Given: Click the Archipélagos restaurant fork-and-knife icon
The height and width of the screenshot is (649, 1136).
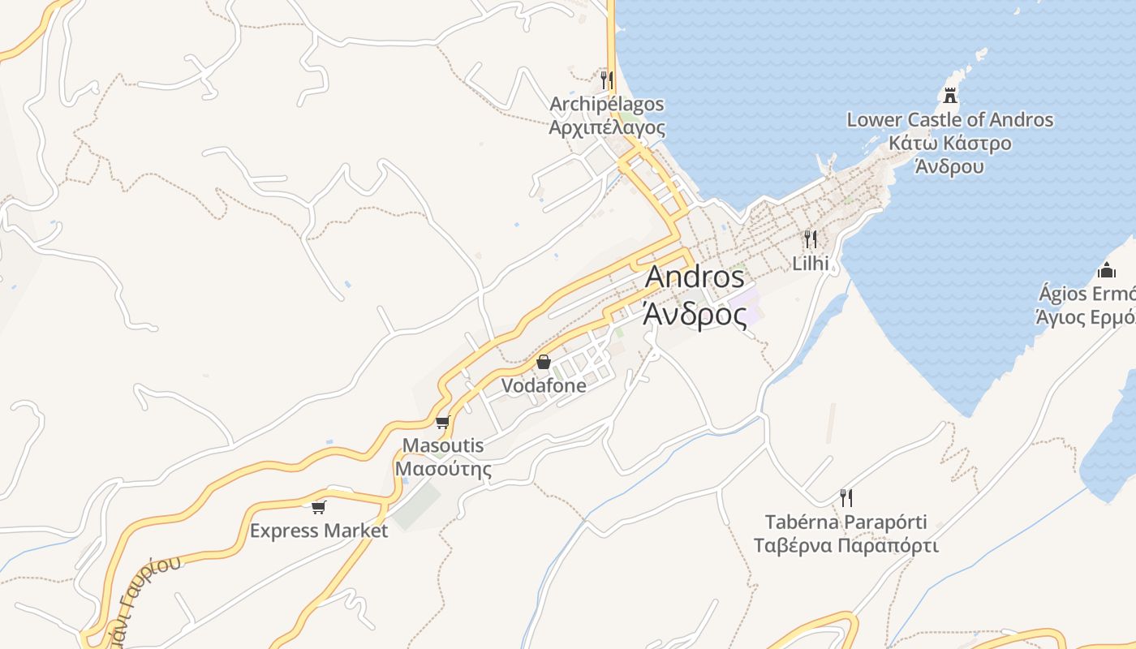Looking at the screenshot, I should point(605,80).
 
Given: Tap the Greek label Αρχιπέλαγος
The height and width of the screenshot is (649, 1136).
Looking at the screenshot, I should point(607,128).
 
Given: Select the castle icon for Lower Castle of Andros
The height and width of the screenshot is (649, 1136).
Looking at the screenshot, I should point(949,95).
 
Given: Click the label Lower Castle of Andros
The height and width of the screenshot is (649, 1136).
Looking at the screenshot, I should point(949,120).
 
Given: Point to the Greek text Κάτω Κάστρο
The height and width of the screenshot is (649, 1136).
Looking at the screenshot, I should point(949,144).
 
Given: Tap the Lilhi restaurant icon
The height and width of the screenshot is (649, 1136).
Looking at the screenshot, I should point(810,239).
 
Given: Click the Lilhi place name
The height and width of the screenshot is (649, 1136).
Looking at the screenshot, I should point(810,263).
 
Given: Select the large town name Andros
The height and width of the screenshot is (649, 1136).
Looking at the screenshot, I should point(695,277).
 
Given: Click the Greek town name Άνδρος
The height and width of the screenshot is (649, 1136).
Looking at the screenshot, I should point(695,315).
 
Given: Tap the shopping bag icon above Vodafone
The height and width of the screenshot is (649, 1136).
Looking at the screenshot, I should point(544,362).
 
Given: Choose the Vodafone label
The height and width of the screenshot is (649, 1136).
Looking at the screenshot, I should point(544,386).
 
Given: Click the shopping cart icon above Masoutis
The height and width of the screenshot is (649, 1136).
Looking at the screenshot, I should point(442,422).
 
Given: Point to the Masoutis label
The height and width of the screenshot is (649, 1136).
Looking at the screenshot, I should point(443,445).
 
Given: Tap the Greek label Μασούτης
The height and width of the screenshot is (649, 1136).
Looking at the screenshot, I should point(443,469).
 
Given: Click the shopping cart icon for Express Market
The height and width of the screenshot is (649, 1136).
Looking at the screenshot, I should point(319,507).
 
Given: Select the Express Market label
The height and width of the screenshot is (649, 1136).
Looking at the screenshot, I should point(319,531).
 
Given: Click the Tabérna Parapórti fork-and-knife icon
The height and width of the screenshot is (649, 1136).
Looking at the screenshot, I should point(846,497).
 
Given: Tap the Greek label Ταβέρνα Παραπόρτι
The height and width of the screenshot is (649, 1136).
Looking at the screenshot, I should point(846,545).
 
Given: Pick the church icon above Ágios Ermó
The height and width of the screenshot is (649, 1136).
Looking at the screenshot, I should point(1106,270).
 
